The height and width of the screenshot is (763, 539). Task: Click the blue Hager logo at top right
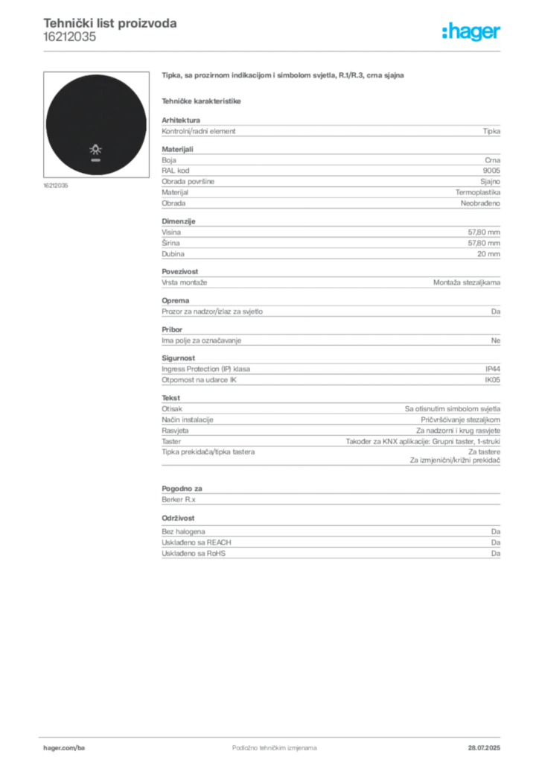(x=472, y=33)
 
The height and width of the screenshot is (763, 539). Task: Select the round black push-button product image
(x=95, y=124)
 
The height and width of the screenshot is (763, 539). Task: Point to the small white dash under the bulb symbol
(x=95, y=160)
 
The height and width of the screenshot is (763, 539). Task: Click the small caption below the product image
(x=57, y=186)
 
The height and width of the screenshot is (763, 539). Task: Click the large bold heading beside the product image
(x=282, y=75)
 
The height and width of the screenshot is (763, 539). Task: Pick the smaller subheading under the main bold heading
(x=202, y=100)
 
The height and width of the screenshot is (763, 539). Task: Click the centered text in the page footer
(x=268, y=742)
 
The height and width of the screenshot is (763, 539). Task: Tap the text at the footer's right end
(x=488, y=742)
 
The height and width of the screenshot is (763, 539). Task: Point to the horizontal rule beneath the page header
(x=274, y=51)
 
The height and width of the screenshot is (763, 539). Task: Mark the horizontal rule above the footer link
(x=274, y=735)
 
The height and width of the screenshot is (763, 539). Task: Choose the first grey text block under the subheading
(x=330, y=131)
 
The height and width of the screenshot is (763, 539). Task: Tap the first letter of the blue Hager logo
(x=445, y=33)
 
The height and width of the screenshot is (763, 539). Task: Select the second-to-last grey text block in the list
(x=330, y=497)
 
